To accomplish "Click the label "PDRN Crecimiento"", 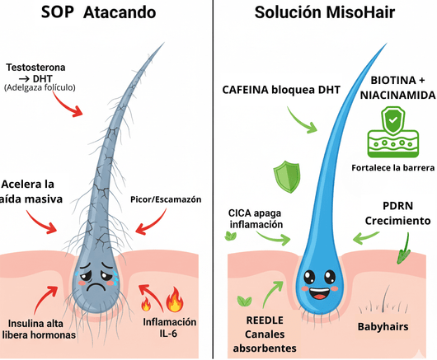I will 397,213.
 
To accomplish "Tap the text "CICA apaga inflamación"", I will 256,218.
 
